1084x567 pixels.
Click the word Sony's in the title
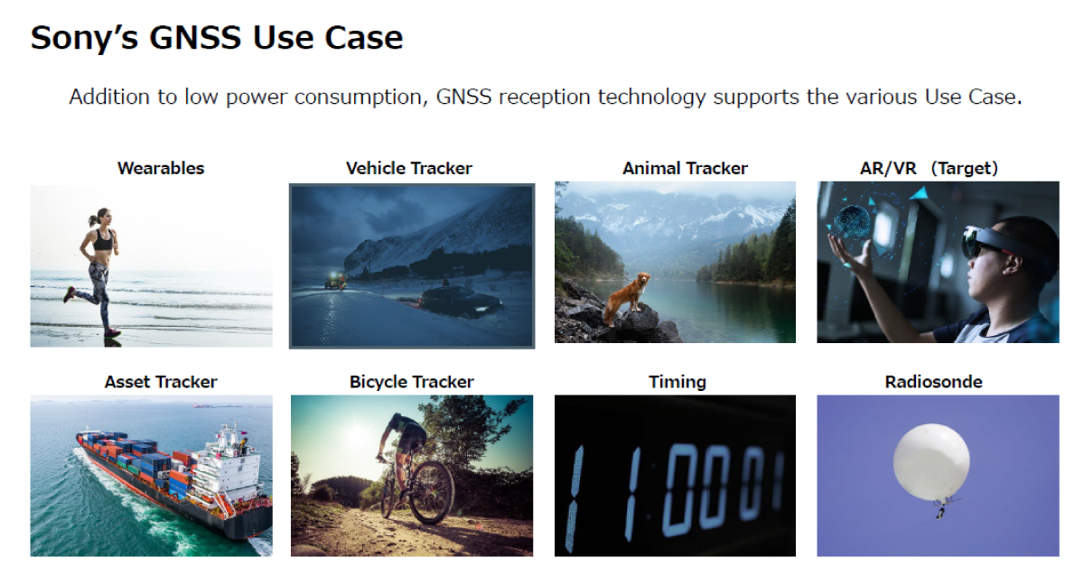84,38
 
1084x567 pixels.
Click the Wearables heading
161,168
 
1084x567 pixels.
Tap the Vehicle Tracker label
409,168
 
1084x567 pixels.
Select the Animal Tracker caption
685,168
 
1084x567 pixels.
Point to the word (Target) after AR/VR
965,168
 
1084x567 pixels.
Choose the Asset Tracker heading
161,382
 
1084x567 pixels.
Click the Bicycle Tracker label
411,382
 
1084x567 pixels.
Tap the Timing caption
677,382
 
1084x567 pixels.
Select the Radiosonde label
933,382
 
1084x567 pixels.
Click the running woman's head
104,218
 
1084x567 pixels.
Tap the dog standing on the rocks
625,297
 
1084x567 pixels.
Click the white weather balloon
930,462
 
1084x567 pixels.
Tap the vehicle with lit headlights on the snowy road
335,281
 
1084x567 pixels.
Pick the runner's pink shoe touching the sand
112,332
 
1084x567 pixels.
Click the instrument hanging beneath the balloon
940,512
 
